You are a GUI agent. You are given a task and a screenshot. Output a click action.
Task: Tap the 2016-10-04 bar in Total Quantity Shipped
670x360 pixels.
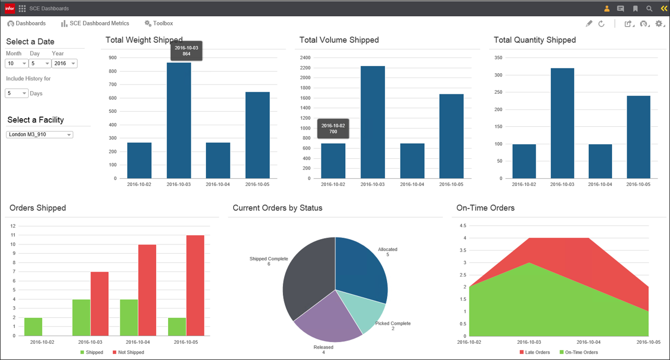600,161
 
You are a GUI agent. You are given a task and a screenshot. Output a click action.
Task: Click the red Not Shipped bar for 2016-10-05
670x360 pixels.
195,285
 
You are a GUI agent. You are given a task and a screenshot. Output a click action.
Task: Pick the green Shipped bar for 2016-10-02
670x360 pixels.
33,326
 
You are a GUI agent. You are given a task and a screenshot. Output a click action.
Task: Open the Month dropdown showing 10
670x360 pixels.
16,63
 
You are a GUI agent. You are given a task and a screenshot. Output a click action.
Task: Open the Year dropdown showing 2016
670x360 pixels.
65,63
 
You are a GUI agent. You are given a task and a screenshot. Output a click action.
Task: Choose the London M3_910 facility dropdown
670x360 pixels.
40,134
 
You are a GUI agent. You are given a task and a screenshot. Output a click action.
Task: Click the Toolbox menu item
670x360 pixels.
159,23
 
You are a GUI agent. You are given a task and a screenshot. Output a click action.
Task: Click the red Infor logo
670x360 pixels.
10,8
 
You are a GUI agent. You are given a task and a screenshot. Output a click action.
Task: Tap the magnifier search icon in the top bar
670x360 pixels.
649,9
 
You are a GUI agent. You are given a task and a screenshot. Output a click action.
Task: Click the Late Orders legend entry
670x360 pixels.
534,352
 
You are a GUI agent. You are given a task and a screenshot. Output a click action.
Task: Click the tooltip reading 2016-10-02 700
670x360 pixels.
333,128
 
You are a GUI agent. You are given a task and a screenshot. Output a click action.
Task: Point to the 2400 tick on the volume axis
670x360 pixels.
305,57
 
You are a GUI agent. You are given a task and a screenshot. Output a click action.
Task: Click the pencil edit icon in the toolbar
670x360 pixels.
589,24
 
